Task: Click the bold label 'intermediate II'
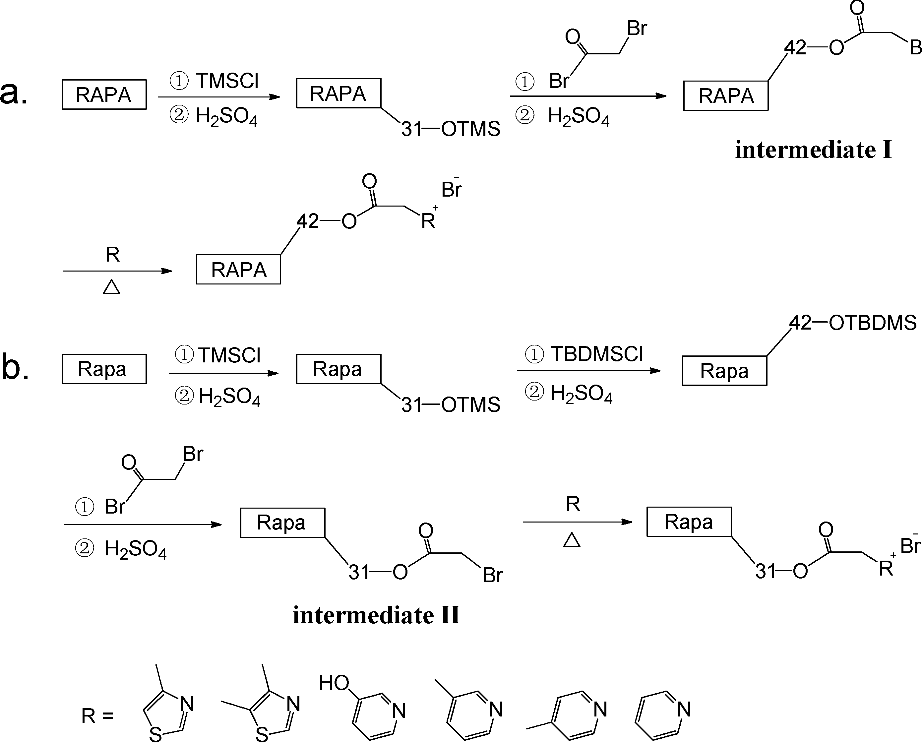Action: pyautogui.click(x=376, y=616)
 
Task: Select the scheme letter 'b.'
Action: pyautogui.click(x=15, y=369)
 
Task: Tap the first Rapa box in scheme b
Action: pyautogui.click(x=104, y=369)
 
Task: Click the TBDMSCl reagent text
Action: pyautogui.click(x=596, y=354)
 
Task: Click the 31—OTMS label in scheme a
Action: pyautogui.click(x=450, y=129)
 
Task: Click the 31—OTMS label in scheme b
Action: pyautogui.click(x=450, y=404)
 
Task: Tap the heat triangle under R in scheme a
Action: pyautogui.click(x=111, y=287)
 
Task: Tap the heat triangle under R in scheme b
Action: pyautogui.click(x=572, y=540)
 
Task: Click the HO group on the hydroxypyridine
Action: pyautogui.click(x=334, y=683)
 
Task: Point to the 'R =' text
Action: pyautogui.click(x=97, y=716)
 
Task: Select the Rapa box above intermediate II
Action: pyautogui.click(x=282, y=523)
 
